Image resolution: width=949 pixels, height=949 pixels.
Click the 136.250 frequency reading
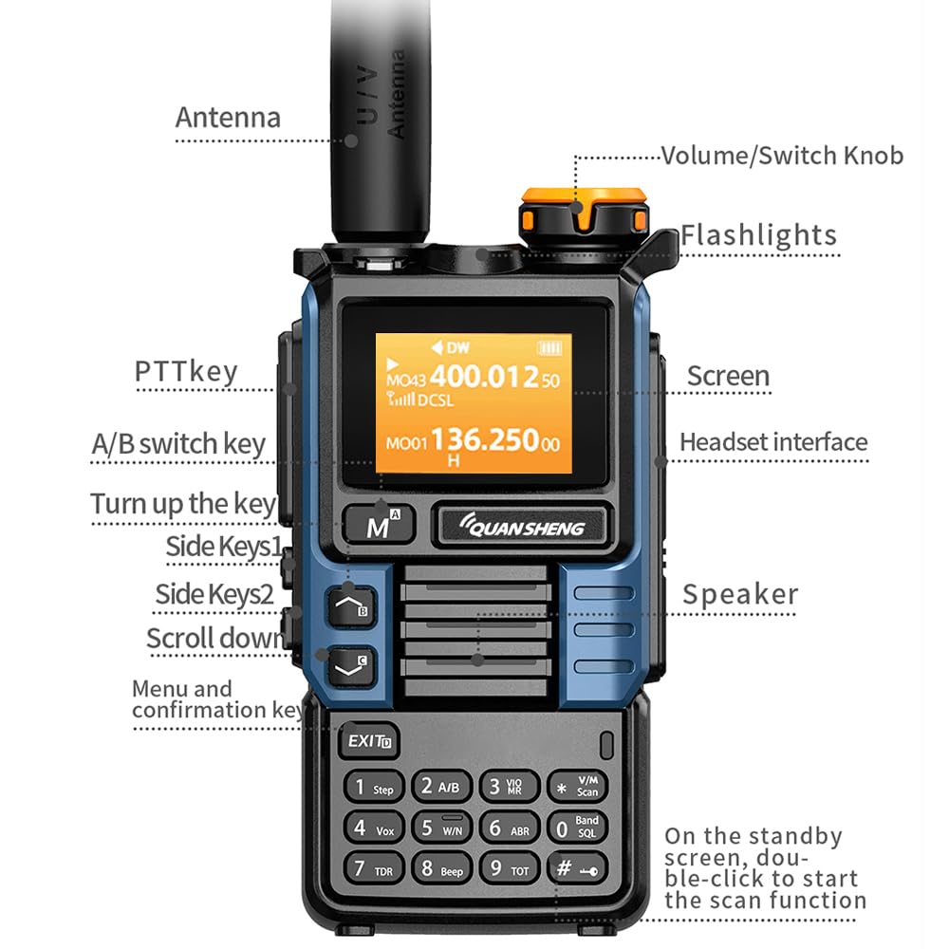point(486,440)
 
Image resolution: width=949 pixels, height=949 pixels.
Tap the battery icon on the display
point(549,347)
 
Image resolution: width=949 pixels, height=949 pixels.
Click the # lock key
point(577,867)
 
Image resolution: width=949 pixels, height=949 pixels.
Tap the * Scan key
point(577,787)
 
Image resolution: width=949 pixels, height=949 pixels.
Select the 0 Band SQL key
point(577,828)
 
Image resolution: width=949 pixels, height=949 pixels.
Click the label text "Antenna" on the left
point(228,118)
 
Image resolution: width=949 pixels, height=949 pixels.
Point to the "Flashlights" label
point(758,235)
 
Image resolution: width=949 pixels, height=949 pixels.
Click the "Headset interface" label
point(773,442)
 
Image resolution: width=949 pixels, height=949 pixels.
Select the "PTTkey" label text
point(186,371)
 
